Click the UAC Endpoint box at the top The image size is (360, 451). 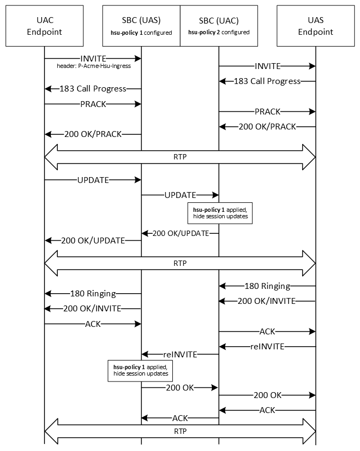(45, 26)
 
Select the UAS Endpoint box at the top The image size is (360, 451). (316, 26)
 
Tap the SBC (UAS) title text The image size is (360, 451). (141, 20)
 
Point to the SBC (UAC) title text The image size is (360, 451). (218, 20)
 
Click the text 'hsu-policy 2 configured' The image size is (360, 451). (219, 33)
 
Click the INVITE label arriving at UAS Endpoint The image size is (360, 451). (267, 66)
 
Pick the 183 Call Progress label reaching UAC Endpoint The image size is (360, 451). (93, 89)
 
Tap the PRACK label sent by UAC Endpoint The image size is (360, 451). (93, 104)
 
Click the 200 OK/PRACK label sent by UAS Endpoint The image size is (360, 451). (267, 127)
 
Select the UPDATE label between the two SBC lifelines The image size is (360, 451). (180, 195)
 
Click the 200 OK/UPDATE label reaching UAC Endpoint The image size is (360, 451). (93, 241)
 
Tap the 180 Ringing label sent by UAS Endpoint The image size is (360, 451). (267, 286)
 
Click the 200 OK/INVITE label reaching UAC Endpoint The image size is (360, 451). (93, 308)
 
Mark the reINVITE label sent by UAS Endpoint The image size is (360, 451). (267, 346)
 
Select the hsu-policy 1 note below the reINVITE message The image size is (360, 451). (141, 370)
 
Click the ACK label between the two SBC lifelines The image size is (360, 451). (180, 418)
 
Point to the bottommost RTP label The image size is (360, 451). (180, 430)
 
